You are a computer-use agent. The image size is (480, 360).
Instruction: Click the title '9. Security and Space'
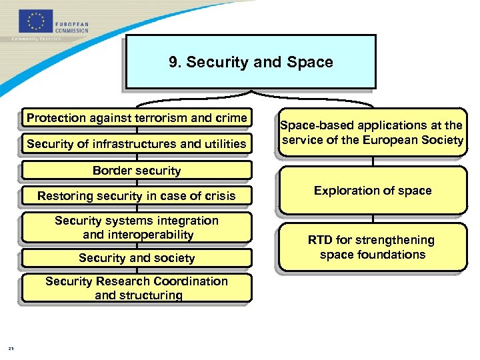(x=251, y=62)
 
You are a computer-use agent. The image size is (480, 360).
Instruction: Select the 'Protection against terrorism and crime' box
(x=137, y=118)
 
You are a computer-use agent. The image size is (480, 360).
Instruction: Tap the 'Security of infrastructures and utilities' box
(x=137, y=143)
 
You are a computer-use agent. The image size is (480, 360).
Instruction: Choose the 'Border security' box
(x=137, y=170)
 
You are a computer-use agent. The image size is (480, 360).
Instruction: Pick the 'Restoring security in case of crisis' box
(x=137, y=195)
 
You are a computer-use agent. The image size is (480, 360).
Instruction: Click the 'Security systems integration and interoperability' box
(x=137, y=227)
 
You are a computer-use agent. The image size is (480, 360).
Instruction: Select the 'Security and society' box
(x=137, y=258)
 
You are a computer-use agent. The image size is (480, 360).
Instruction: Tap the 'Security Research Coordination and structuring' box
(x=137, y=288)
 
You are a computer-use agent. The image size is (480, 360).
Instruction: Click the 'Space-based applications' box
(x=373, y=133)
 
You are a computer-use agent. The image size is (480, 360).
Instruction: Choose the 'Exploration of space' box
(x=373, y=191)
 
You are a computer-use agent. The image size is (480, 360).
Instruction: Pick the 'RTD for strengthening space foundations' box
(x=373, y=247)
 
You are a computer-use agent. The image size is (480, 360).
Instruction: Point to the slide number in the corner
(x=11, y=347)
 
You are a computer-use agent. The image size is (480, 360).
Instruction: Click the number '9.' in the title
(x=175, y=62)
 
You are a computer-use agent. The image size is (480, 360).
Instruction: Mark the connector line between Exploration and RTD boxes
(x=373, y=218)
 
